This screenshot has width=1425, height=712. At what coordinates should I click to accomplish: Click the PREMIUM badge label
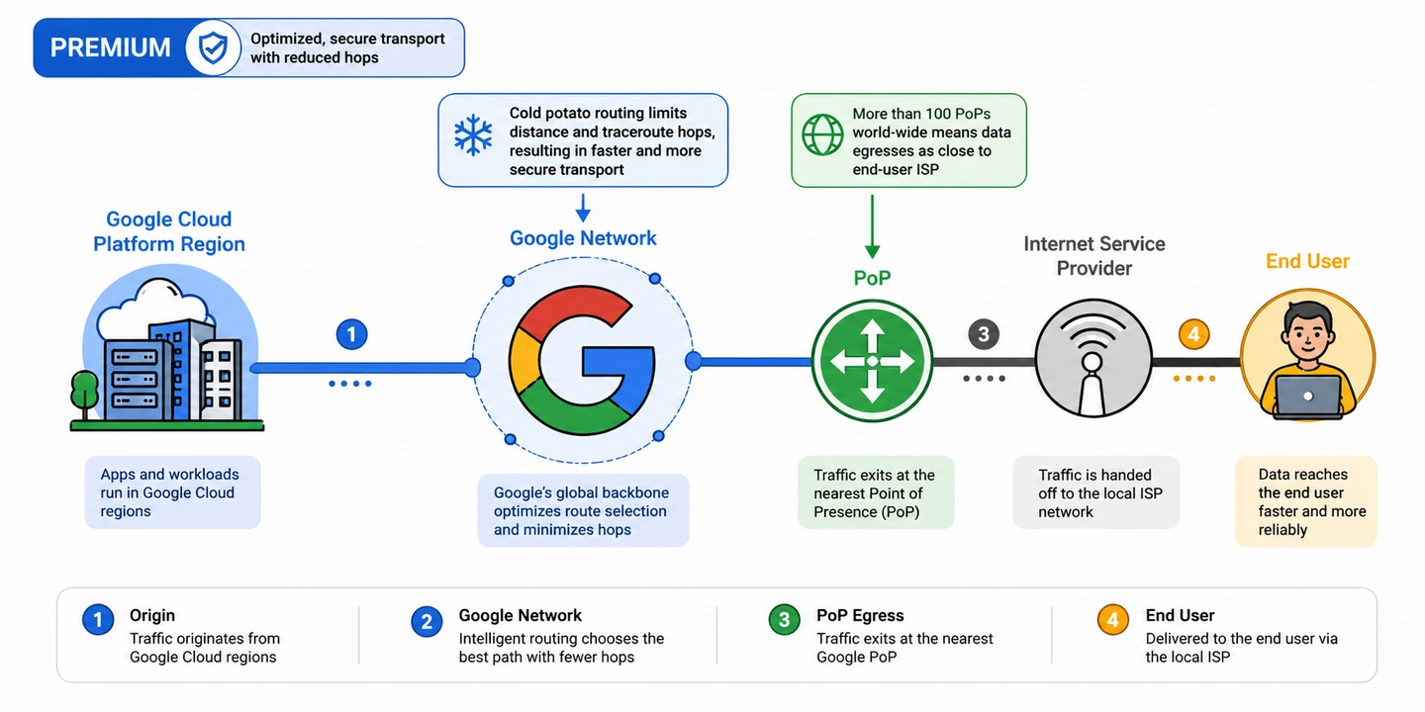click(x=110, y=47)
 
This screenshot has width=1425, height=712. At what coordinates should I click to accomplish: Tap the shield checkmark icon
click(x=213, y=47)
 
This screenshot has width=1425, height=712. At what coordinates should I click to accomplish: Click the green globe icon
click(x=821, y=133)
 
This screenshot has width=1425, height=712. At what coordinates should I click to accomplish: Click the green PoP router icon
click(x=872, y=362)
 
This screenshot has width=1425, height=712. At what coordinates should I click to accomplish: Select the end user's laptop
click(x=1307, y=397)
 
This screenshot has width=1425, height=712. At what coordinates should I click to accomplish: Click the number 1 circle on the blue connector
click(x=351, y=334)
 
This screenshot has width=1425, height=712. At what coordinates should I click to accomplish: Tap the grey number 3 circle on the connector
click(x=983, y=334)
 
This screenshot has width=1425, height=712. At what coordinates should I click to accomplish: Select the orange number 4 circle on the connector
click(x=1193, y=334)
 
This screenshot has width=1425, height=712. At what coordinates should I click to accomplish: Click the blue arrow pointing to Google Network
click(x=583, y=208)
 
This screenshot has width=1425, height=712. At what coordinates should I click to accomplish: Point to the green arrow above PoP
click(x=872, y=226)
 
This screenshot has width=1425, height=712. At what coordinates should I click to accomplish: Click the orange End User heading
click(x=1307, y=261)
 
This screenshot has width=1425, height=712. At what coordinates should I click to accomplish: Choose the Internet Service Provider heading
click(x=1093, y=255)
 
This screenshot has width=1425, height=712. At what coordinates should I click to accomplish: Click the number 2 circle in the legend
click(x=427, y=621)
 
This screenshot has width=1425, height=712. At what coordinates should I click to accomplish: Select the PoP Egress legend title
click(x=860, y=615)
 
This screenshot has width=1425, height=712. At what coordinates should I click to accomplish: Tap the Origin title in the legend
click(x=152, y=615)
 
